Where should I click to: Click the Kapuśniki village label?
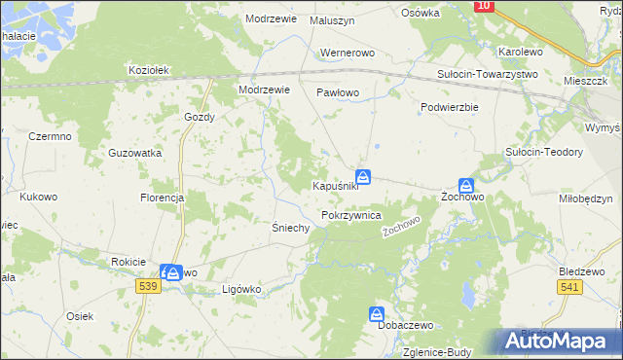(x=335, y=186)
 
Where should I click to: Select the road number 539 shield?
(x=148, y=286)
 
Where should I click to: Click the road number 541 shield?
(x=570, y=286)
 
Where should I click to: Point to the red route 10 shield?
(x=484, y=6)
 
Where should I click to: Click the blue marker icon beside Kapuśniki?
(x=363, y=176)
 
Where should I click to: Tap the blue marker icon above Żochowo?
(x=467, y=185)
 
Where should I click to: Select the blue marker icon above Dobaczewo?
(x=377, y=313)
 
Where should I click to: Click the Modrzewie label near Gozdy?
(x=266, y=90)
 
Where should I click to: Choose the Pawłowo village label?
(x=338, y=92)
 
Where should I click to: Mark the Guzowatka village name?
(x=135, y=154)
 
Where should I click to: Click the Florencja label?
(x=162, y=198)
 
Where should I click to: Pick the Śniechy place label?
(x=289, y=228)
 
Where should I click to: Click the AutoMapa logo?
(x=558, y=342)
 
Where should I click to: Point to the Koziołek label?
(x=150, y=70)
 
